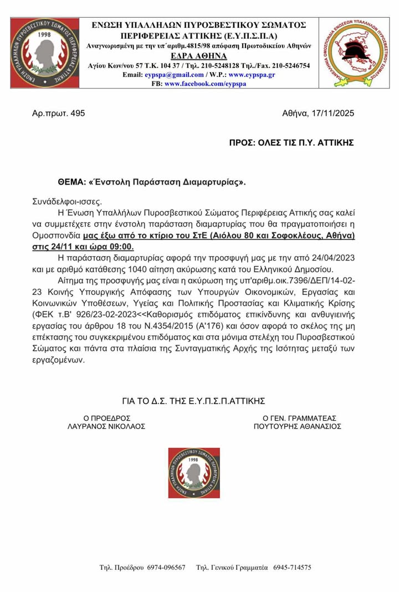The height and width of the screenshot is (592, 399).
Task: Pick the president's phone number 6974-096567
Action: pos(166,568)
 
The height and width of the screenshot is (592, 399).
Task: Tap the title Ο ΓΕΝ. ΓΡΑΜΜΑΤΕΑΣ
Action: pos(298,417)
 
